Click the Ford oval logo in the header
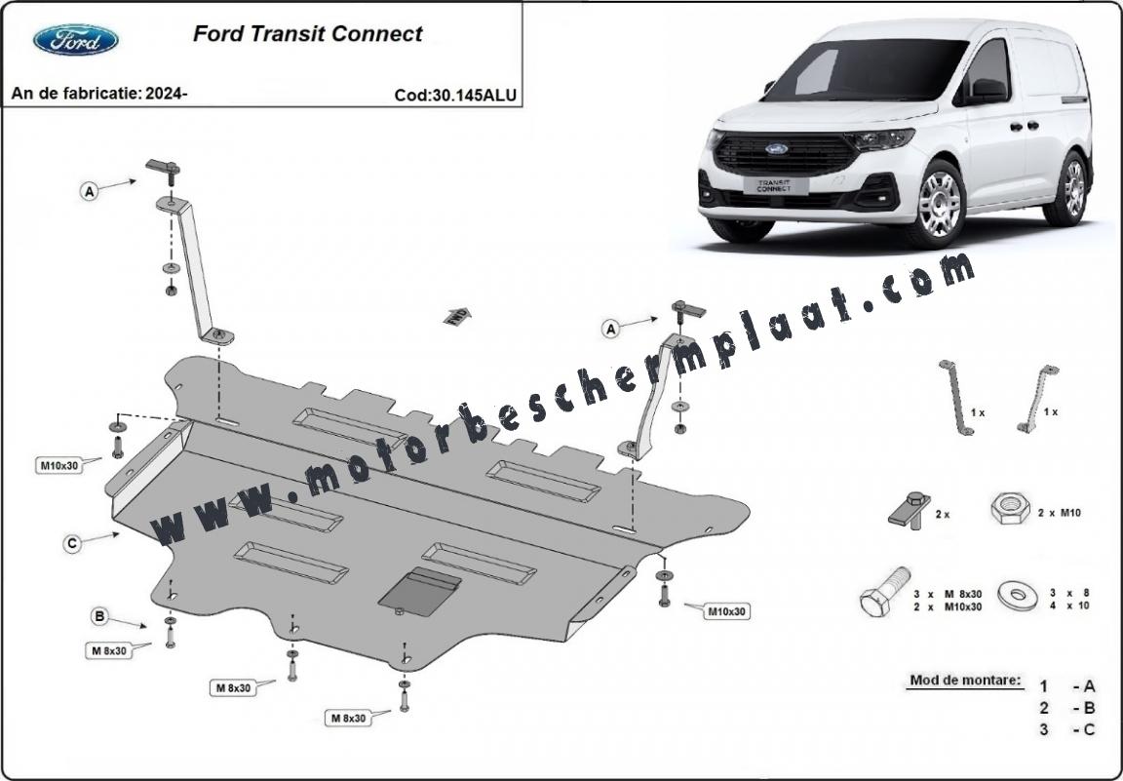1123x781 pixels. tap(76, 39)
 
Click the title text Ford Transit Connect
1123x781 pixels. tap(308, 34)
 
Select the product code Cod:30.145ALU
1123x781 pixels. tap(455, 96)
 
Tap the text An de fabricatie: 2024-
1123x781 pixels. tap(99, 94)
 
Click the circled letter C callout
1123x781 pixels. tap(71, 544)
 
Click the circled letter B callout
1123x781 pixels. tap(100, 615)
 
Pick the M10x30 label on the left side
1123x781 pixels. tap(59, 466)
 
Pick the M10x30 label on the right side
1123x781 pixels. tap(727, 612)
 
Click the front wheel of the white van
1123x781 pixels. tap(938, 203)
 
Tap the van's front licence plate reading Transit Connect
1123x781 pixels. tap(775, 185)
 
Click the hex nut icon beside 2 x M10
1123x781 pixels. tap(1011, 508)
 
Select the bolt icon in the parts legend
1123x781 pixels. tap(885, 592)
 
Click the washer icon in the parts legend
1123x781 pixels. tap(1017, 595)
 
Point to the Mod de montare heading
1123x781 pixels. tap(965, 680)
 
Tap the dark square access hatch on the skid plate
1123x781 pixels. tap(419, 592)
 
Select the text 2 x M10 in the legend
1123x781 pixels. tap(1060, 513)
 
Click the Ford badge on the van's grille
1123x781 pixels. tap(776, 149)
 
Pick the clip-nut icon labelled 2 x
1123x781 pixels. tap(910, 509)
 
